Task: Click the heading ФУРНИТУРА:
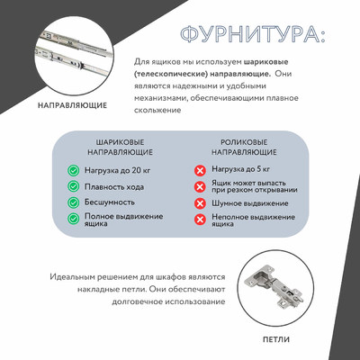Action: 252,35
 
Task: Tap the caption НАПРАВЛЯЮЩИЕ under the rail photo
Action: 73,105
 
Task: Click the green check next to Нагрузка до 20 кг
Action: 74,169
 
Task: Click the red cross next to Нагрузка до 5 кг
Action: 200,169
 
